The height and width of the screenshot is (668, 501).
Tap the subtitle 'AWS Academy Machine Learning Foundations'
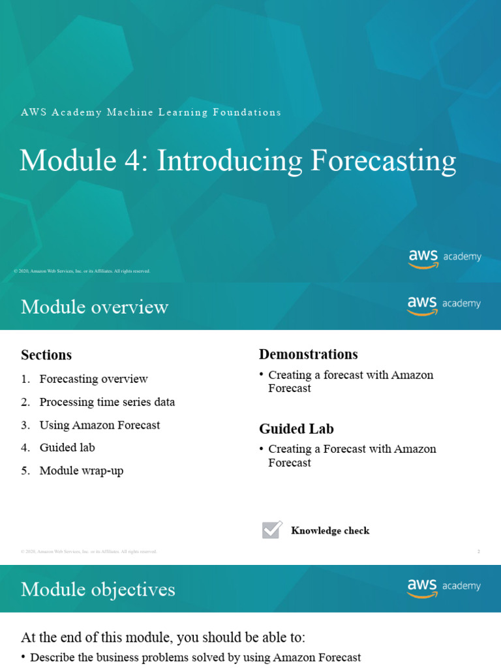tap(151, 112)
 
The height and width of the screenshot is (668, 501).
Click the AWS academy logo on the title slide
tap(445, 258)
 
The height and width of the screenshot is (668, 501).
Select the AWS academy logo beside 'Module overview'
tap(444, 305)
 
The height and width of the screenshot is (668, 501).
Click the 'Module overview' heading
tap(95, 307)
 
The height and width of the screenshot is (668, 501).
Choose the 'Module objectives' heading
tap(98, 590)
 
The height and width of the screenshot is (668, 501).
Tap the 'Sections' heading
tap(46, 355)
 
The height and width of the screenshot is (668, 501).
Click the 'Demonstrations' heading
tap(308, 354)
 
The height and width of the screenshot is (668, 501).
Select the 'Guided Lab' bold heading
tap(296, 429)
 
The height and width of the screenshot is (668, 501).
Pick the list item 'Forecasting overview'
tap(93, 379)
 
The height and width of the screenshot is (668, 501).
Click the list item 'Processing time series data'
tap(107, 402)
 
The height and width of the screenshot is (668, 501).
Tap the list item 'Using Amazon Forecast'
tap(99, 425)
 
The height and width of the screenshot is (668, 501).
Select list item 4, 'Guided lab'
tap(67, 448)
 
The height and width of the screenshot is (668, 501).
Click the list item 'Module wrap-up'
tap(81, 470)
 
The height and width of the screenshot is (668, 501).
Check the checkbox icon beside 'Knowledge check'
tap(271, 530)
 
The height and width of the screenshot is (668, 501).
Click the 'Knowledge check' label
tap(330, 531)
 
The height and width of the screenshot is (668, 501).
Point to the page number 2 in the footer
tap(478, 552)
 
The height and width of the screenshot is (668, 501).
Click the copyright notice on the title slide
tap(82, 271)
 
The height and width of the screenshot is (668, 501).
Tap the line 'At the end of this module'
tap(163, 637)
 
